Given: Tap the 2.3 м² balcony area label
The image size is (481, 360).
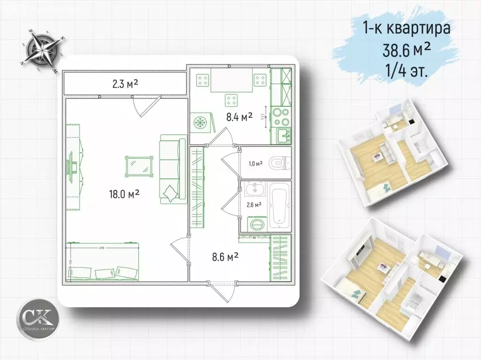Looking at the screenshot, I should point(125,84).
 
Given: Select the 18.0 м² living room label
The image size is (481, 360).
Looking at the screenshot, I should point(124,193).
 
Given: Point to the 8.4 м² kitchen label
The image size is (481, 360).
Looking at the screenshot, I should point(240,117).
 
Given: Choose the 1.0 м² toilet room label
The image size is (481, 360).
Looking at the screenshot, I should point(256,163).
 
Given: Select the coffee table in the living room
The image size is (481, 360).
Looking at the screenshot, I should point(140,166).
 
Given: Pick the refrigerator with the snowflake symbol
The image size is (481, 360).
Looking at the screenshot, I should point(202,123).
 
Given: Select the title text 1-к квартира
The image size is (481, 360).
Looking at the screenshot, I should point(407,28).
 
